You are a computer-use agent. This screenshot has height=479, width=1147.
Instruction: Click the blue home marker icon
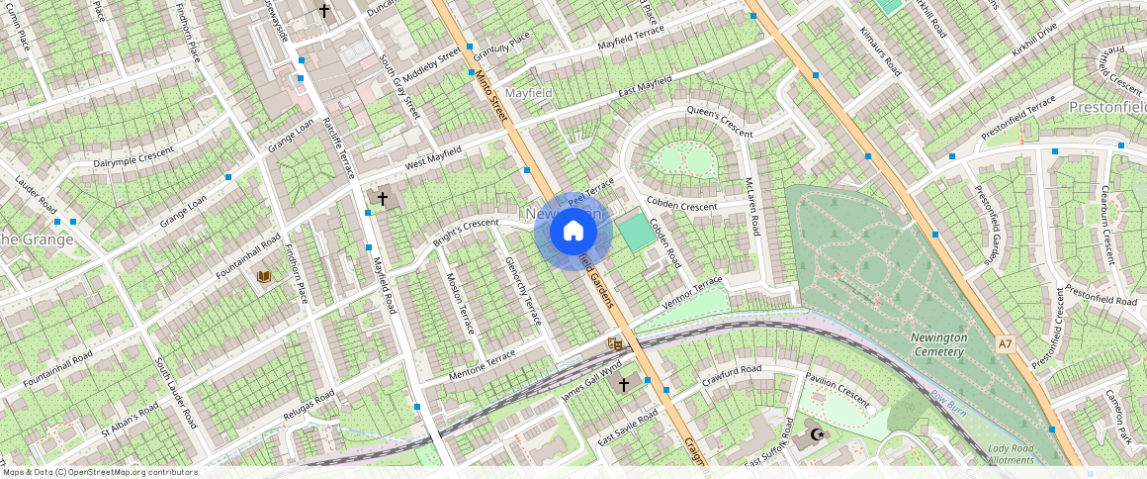click(x=573, y=232)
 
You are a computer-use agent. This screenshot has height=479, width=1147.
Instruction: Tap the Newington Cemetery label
click(x=937, y=344)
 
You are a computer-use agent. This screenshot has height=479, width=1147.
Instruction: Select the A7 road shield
click(x=1006, y=344)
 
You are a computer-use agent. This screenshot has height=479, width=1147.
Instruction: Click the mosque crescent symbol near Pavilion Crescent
click(x=816, y=433)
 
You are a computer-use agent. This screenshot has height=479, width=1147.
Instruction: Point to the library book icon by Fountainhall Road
click(x=263, y=276)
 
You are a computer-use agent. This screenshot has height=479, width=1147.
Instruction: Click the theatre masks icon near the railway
click(x=615, y=343)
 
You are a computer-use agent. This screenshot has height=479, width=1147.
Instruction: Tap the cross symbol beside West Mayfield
click(x=382, y=199)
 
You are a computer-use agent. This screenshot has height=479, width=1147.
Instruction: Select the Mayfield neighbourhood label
click(x=528, y=93)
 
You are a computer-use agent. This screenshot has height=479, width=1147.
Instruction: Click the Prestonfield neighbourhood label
click(x=1107, y=106)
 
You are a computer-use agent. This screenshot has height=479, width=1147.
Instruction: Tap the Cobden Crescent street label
click(x=681, y=204)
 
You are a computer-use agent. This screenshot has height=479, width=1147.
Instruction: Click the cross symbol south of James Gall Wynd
click(x=623, y=384)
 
